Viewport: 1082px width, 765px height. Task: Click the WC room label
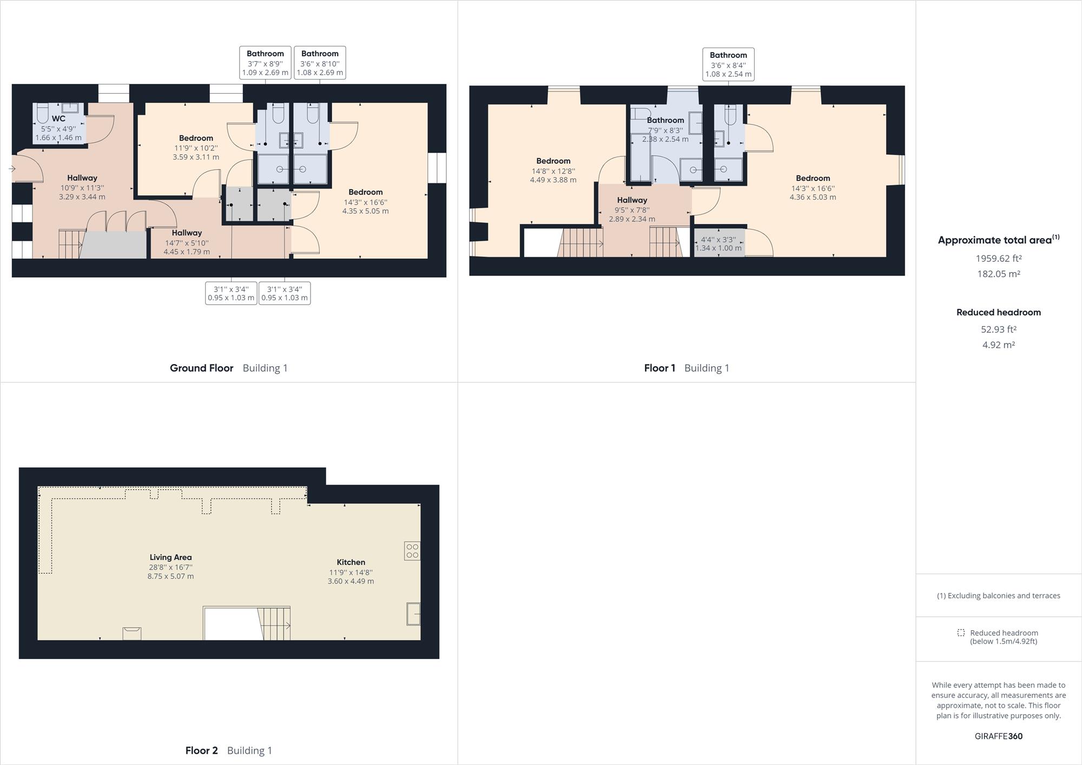click(x=58, y=118)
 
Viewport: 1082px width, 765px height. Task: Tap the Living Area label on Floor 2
click(x=170, y=557)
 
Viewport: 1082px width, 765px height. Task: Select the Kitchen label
click(x=351, y=562)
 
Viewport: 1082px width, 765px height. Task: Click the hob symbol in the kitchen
click(x=412, y=551)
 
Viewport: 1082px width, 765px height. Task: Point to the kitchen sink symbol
click(x=413, y=614)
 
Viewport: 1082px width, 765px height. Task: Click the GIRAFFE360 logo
click(x=998, y=736)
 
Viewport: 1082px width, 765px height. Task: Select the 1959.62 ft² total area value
click(x=998, y=259)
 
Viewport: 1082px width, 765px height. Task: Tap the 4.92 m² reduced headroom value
click(x=998, y=345)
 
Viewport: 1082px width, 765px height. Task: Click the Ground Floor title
click(x=201, y=368)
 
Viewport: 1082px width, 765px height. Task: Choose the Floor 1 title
click(x=659, y=368)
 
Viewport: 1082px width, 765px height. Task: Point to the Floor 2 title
click(x=201, y=750)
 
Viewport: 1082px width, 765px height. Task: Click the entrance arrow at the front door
click(x=12, y=169)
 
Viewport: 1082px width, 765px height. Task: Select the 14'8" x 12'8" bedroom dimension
click(x=553, y=171)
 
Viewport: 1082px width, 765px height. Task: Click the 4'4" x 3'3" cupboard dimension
click(x=718, y=240)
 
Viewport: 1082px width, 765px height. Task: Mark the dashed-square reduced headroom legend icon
click(x=961, y=632)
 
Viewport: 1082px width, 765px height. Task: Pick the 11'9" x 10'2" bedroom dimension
click(x=196, y=148)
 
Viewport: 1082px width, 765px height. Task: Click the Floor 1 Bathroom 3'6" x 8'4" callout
click(x=728, y=64)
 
